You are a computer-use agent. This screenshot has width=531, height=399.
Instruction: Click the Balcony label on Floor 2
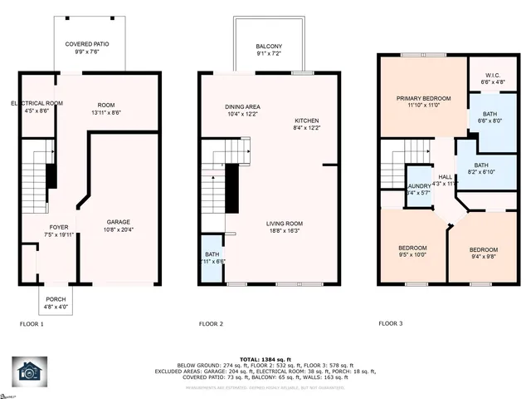click(x=269, y=50)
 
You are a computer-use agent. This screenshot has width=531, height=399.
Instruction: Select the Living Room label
click(x=284, y=226)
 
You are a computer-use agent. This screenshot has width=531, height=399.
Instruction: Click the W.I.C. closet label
click(x=491, y=79)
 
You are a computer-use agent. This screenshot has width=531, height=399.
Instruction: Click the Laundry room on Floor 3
click(x=417, y=188)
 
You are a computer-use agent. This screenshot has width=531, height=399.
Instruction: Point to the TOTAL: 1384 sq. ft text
click(x=265, y=356)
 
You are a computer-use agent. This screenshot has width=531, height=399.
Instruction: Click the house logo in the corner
click(x=30, y=372)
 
